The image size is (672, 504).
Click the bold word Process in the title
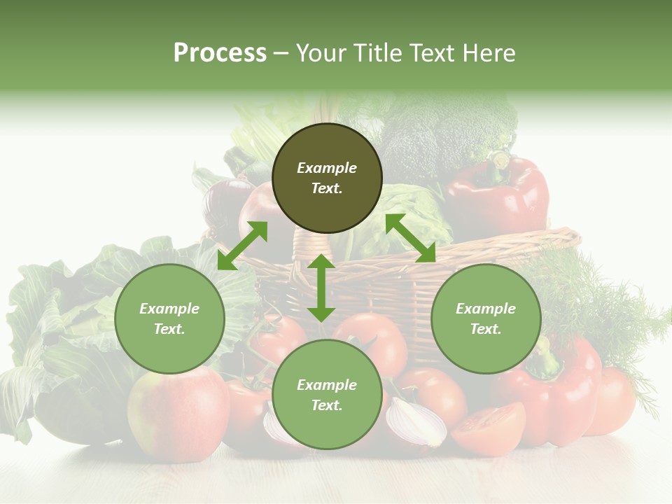[220, 53]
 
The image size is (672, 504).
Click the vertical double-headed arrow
[321, 288]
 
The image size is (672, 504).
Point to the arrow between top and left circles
[242, 246]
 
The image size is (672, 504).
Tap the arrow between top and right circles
[410, 238]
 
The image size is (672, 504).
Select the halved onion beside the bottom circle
[417, 422]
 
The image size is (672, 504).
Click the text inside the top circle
[327, 178]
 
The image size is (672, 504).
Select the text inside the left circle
[169, 318]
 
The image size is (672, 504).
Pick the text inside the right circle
[486, 318]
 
